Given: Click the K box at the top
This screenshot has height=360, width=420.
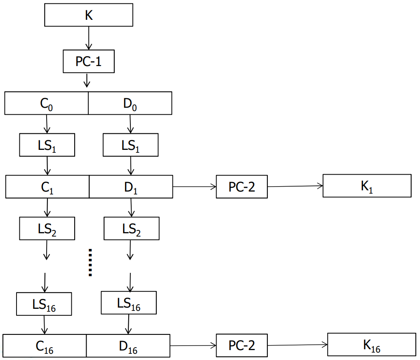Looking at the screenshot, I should pyautogui.click(x=89, y=15).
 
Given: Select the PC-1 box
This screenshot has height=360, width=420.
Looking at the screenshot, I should pyautogui.click(x=88, y=62).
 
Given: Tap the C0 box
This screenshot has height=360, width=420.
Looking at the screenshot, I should pyautogui.click(x=46, y=103).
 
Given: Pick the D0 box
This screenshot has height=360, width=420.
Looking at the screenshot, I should pyautogui.click(x=130, y=103).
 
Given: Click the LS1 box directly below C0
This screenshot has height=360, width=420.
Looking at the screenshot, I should pyautogui.click(x=47, y=145).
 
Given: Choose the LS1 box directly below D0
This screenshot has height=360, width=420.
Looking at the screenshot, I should pyautogui.click(x=130, y=145).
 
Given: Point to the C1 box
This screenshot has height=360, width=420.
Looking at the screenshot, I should pyautogui.click(x=47, y=187).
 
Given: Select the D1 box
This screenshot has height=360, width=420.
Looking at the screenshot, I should pyautogui.click(x=131, y=187).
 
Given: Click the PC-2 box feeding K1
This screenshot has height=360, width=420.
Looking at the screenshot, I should pyautogui.click(x=242, y=187).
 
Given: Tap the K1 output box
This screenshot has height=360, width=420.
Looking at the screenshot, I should pyautogui.click(x=367, y=185).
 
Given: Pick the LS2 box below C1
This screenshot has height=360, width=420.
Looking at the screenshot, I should pyautogui.click(x=47, y=228).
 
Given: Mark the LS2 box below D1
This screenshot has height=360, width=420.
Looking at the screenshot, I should pyautogui.click(x=131, y=228).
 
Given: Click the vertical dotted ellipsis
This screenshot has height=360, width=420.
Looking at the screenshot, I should pyautogui.click(x=90, y=262).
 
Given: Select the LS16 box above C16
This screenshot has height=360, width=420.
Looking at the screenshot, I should pyautogui.click(x=44, y=304).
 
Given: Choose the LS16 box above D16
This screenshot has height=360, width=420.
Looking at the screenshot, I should pyautogui.click(x=129, y=303).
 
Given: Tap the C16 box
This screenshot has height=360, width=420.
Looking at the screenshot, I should pyautogui.click(x=45, y=346).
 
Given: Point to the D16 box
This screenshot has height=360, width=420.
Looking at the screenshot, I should pyautogui.click(x=128, y=346).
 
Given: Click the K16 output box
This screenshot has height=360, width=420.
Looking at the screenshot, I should pyautogui.click(x=371, y=344).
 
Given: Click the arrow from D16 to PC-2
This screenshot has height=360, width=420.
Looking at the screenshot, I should pyautogui.click(x=193, y=345).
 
